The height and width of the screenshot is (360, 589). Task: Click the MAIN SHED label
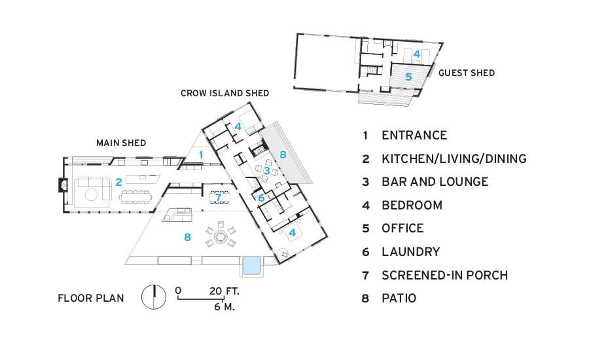(121, 143)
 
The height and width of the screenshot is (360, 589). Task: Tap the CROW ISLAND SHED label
(224, 93)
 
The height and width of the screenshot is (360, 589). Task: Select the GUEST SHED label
(467, 73)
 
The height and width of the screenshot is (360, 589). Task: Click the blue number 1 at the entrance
(201, 154)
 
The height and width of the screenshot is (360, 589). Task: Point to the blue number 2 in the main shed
(118, 182)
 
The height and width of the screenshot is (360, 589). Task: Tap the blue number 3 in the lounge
(267, 171)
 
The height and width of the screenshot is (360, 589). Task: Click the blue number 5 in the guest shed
(408, 77)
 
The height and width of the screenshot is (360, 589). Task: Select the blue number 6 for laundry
(261, 198)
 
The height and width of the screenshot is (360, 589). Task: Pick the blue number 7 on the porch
(218, 197)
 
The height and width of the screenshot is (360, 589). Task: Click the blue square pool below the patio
(251, 266)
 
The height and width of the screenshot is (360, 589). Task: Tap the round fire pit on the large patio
(221, 237)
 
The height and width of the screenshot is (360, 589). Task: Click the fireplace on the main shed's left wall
(62, 185)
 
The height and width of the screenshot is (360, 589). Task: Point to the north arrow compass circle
(154, 297)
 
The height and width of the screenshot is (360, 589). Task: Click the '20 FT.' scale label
(224, 291)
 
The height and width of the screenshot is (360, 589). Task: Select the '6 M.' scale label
(224, 306)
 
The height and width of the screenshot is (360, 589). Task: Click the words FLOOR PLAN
(91, 298)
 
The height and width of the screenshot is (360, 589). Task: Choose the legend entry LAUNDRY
(410, 252)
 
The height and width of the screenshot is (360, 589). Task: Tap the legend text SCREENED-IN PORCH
(445, 275)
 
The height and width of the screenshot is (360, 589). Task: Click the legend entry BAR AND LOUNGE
(435, 182)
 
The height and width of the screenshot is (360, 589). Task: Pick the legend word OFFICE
(402, 228)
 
